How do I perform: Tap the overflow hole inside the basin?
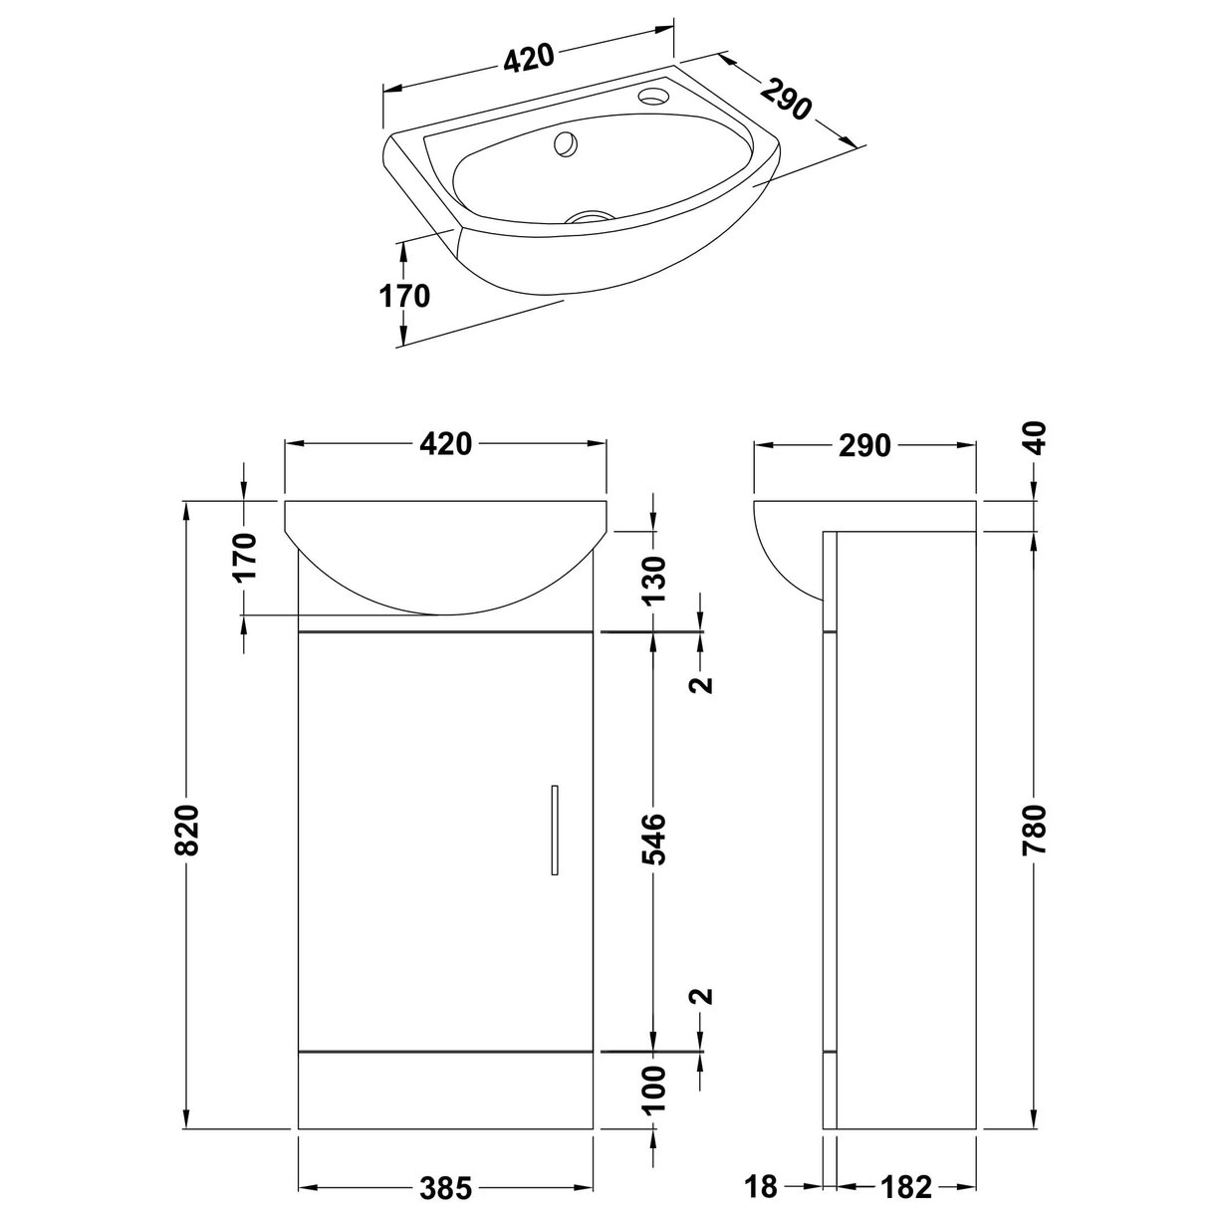click(x=565, y=144)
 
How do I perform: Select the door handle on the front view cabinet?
click(x=555, y=831)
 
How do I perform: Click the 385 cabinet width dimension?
click(x=443, y=1188)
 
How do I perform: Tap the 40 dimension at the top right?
click(x=1036, y=439)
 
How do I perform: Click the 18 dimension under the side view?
click(x=762, y=1187)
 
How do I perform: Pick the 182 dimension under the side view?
click(x=906, y=1187)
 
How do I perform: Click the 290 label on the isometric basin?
click(x=787, y=98)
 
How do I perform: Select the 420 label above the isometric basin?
click(x=528, y=60)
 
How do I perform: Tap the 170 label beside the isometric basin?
click(x=404, y=296)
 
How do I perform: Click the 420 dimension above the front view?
click(x=445, y=445)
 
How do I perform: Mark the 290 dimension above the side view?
click(x=863, y=445)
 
